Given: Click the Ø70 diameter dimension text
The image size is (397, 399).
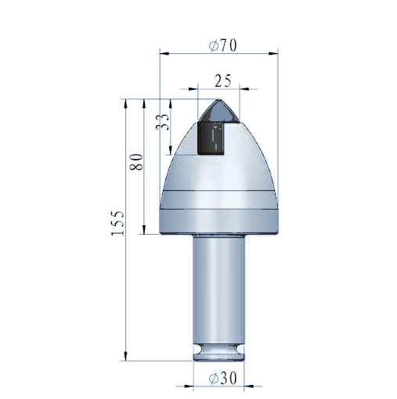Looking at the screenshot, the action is [x=222, y=45].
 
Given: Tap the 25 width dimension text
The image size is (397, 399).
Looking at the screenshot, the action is [x=223, y=81].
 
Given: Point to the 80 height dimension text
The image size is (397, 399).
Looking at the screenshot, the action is [x=136, y=162].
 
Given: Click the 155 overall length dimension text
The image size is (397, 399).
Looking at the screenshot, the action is [x=117, y=223].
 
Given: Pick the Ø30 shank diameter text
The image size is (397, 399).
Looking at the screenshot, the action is [x=222, y=378].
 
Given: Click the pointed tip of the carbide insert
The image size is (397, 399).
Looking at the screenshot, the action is [x=218, y=100].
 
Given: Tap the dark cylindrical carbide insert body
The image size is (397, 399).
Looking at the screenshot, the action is [x=211, y=138].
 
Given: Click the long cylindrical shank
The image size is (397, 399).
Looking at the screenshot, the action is [x=219, y=289].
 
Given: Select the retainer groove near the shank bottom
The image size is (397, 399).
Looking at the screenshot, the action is [x=219, y=349].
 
